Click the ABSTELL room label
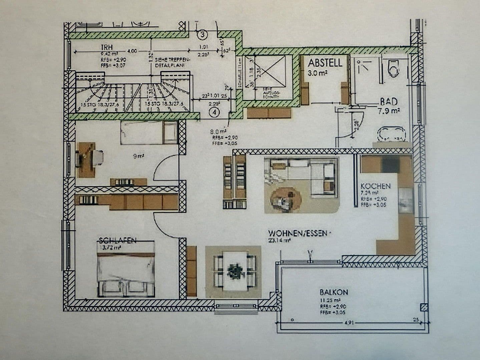pyautogui.click(x=325, y=63)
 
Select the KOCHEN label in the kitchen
pyautogui.click(x=375, y=186)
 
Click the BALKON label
pyautogui.click(x=334, y=292)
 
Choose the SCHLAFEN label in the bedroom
pyautogui.click(x=118, y=240)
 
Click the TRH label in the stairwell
pyautogui.click(x=107, y=47)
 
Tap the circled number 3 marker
pyautogui.click(x=202, y=34)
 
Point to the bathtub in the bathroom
pyautogui.click(x=391, y=134)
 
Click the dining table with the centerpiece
pyautogui.click(x=233, y=271)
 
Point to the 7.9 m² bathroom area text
pyautogui.click(x=389, y=111)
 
